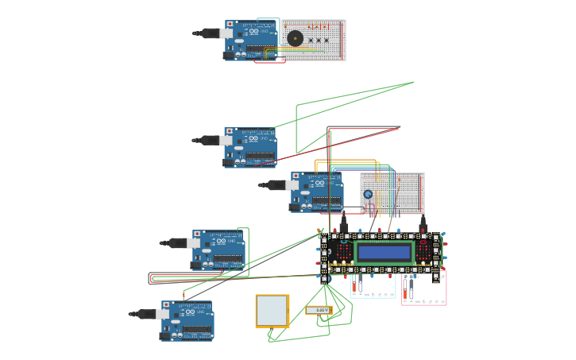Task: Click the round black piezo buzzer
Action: [295, 38]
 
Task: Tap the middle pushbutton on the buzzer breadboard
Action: [319, 41]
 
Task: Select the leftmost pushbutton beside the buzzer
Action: [311, 41]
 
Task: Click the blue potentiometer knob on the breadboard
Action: [368, 194]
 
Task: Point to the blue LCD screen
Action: [385, 253]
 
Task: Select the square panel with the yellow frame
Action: [272, 311]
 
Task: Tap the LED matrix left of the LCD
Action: [343, 251]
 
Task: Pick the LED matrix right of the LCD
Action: [427, 251]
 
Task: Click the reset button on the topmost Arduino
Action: [230, 24]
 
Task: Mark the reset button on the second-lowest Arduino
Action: [196, 234]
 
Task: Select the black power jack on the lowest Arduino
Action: [165, 335]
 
